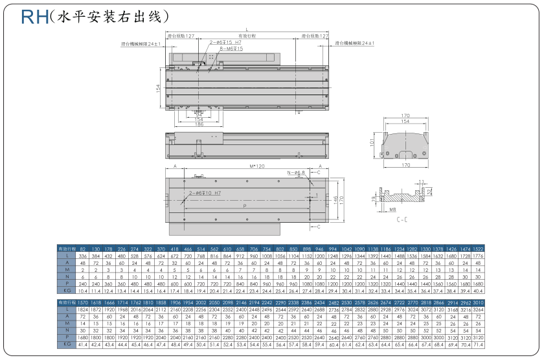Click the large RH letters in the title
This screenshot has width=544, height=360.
(33, 16)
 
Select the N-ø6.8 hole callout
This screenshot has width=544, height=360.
(297, 173)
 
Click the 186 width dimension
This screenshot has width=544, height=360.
(199, 124)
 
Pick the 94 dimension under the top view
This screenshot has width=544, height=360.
(199, 115)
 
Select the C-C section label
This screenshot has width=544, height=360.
(402, 219)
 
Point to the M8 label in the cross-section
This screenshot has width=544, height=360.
(393, 210)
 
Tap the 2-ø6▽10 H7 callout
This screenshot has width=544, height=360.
(205, 194)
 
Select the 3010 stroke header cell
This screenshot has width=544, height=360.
(478, 303)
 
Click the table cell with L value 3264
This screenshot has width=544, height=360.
(478, 310)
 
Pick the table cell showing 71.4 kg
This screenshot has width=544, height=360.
(478, 345)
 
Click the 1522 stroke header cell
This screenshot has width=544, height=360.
(478, 249)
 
